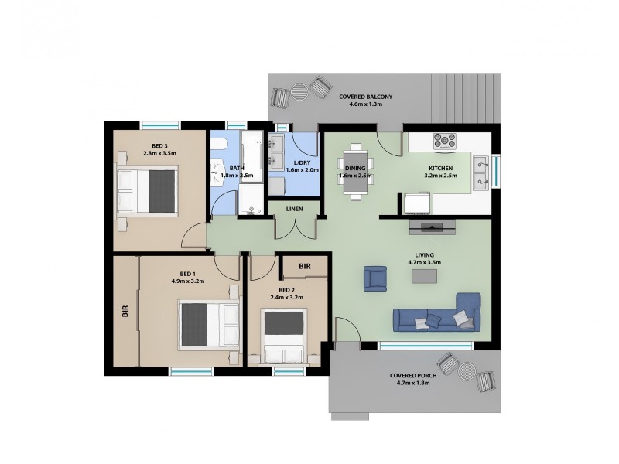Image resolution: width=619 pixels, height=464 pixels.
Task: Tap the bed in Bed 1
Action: point(208,325)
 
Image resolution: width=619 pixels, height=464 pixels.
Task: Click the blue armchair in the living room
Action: point(375,278)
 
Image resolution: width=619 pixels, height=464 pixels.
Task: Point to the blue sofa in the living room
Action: point(437,315)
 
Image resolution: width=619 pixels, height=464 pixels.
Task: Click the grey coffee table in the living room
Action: point(425,275)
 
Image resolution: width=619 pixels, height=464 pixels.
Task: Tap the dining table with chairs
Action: point(355,171)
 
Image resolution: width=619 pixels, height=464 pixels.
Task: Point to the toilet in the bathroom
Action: point(220,144)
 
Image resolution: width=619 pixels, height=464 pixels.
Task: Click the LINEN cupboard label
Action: point(294,209)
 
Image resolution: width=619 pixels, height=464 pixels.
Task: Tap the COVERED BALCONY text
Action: point(365,97)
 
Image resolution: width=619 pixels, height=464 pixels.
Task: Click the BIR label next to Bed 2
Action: point(304,266)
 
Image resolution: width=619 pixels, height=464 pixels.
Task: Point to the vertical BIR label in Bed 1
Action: point(125,312)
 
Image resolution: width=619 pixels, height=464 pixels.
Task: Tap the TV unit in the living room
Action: point(433,227)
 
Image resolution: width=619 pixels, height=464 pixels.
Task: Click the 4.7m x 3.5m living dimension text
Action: point(423,262)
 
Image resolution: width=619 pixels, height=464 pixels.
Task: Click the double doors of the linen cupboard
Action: point(296,230)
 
